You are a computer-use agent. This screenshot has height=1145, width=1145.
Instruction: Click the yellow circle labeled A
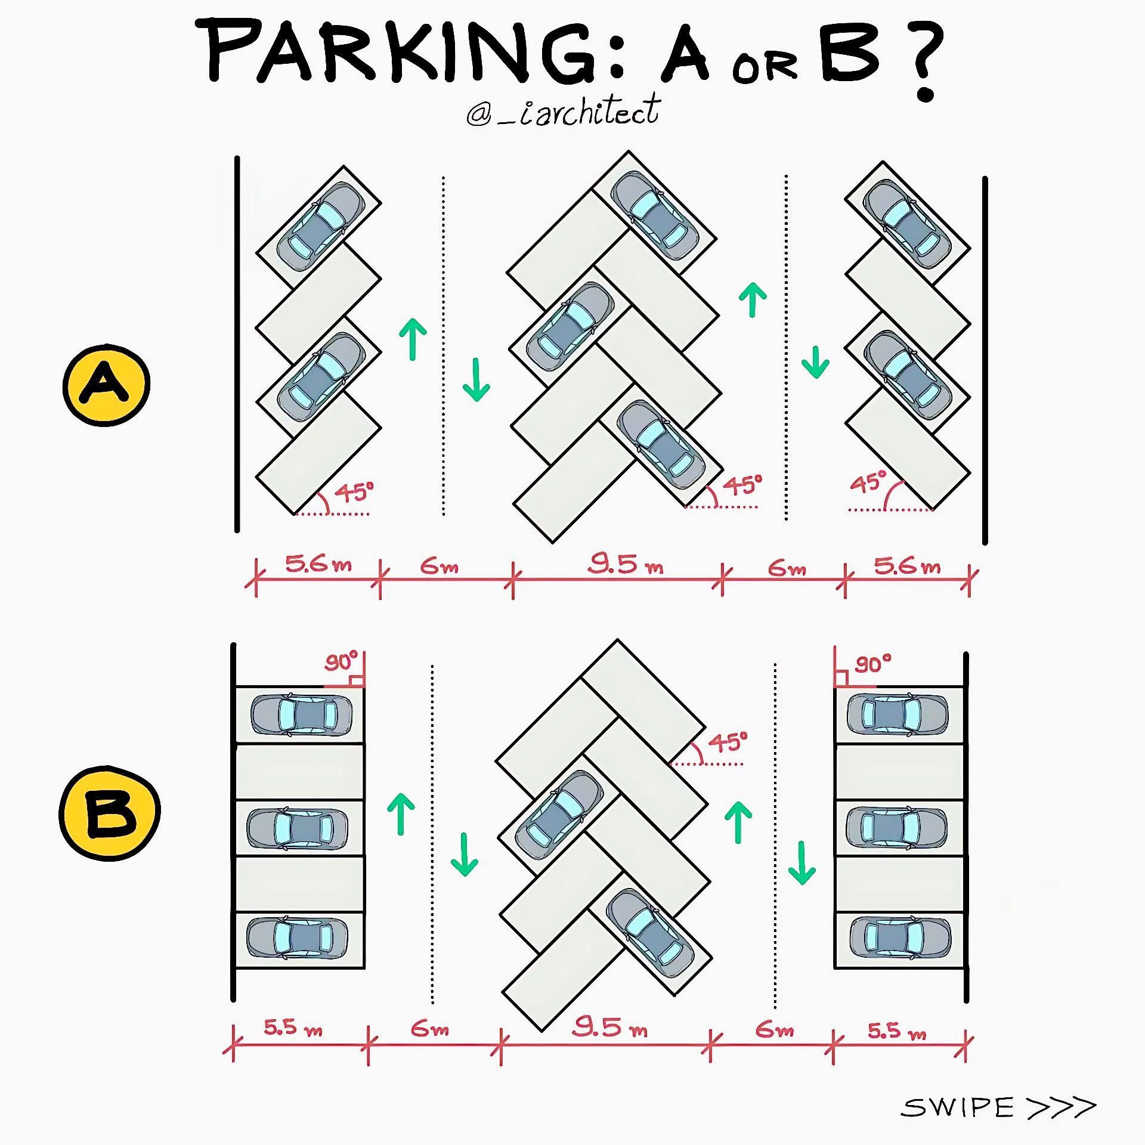pyautogui.click(x=106, y=385)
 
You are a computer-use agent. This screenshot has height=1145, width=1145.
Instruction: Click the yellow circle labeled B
pyautogui.click(x=110, y=813)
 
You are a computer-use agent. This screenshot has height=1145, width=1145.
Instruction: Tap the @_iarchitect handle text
pyautogui.click(x=563, y=111)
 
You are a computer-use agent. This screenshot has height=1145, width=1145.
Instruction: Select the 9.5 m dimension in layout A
pyautogui.click(x=625, y=564)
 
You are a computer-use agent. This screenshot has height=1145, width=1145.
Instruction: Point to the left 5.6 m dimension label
pyautogui.click(x=318, y=564)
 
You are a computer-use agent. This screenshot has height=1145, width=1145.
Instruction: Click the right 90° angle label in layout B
pyautogui.click(x=873, y=664)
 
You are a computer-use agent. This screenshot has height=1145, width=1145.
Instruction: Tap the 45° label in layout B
pyautogui.click(x=728, y=743)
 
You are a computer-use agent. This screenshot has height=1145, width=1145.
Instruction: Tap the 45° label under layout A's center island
pyautogui.click(x=743, y=485)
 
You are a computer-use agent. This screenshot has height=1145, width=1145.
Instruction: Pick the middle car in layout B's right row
pyautogui.click(x=896, y=828)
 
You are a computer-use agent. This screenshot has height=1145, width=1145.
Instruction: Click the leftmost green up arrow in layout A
pyautogui.click(x=413, y=339)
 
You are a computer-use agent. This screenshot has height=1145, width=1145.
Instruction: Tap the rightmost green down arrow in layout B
pyautogui.click(x=802, y=863)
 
